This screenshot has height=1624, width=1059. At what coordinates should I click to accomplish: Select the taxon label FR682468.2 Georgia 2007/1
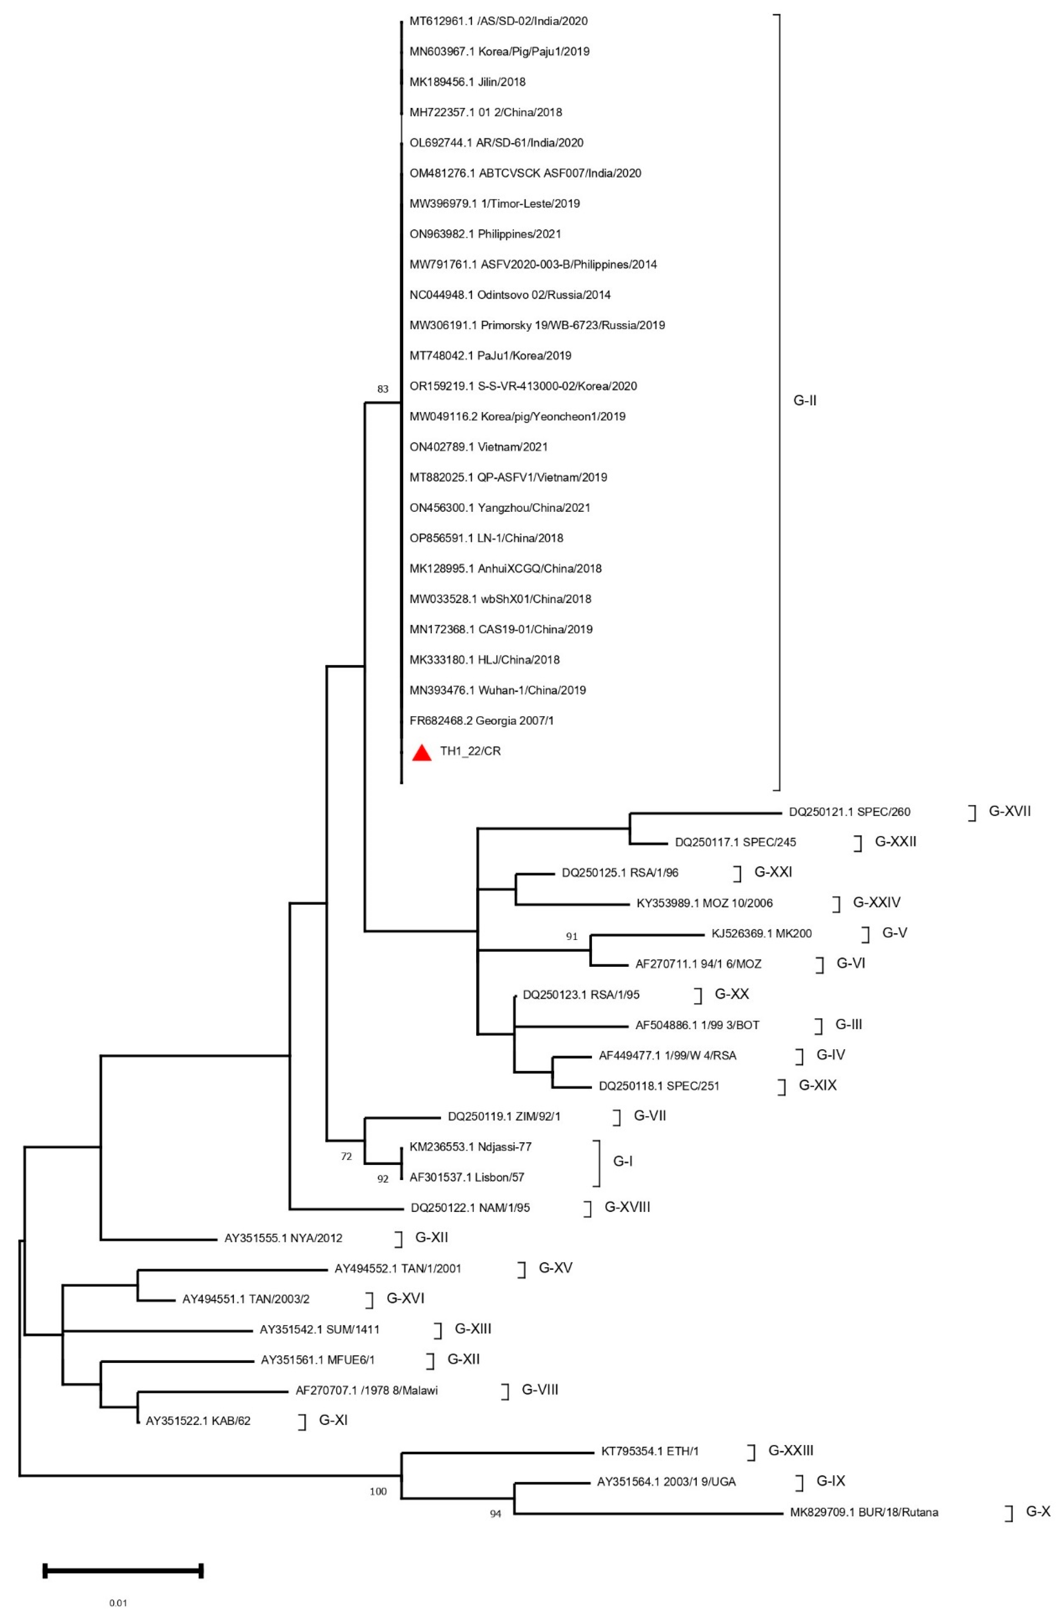[482, 721]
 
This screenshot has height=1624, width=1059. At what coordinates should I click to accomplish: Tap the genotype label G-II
[804, 401]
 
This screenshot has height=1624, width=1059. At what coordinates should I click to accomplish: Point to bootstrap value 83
[382, 389]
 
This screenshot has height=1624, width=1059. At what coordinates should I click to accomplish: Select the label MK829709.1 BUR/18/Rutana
[864, 1512]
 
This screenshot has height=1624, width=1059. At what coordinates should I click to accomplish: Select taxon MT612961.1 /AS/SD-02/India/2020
[498, 21]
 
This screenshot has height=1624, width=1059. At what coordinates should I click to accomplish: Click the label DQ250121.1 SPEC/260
[849, 812]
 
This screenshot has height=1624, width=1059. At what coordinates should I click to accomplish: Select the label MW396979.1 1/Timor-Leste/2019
[494, 203]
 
